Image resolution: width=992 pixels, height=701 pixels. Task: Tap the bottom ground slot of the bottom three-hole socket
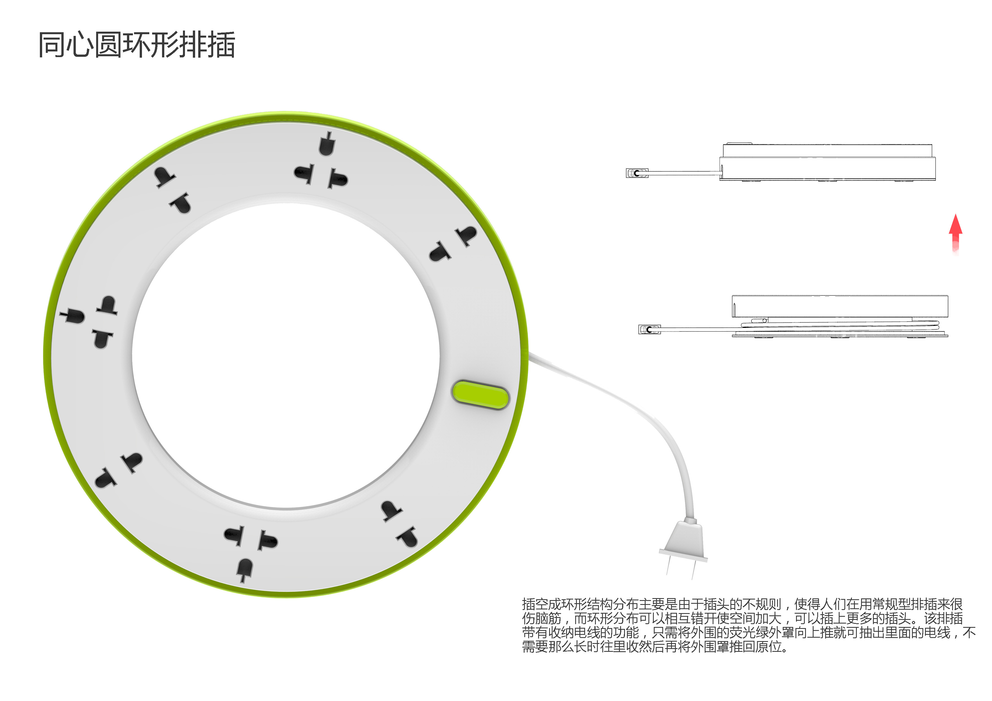(245, 569)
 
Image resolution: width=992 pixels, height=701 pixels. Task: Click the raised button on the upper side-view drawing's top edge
(739, 143)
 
